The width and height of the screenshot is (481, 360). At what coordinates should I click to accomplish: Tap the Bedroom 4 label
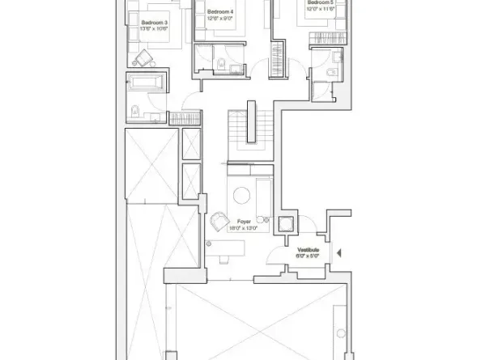(x=220, y=12)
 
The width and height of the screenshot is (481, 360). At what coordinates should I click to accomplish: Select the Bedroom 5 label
(x=319, y=4)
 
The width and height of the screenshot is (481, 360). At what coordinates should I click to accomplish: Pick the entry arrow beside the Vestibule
(x=339, y=253)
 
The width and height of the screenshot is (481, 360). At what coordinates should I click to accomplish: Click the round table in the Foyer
(x=240, y=194)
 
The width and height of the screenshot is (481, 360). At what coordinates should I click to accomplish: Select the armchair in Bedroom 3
(x=144, y=57)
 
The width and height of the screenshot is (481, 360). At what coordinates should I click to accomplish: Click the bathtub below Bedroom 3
(x=147, y=83)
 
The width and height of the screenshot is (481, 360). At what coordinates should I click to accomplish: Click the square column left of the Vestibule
(x=286, y=226)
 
